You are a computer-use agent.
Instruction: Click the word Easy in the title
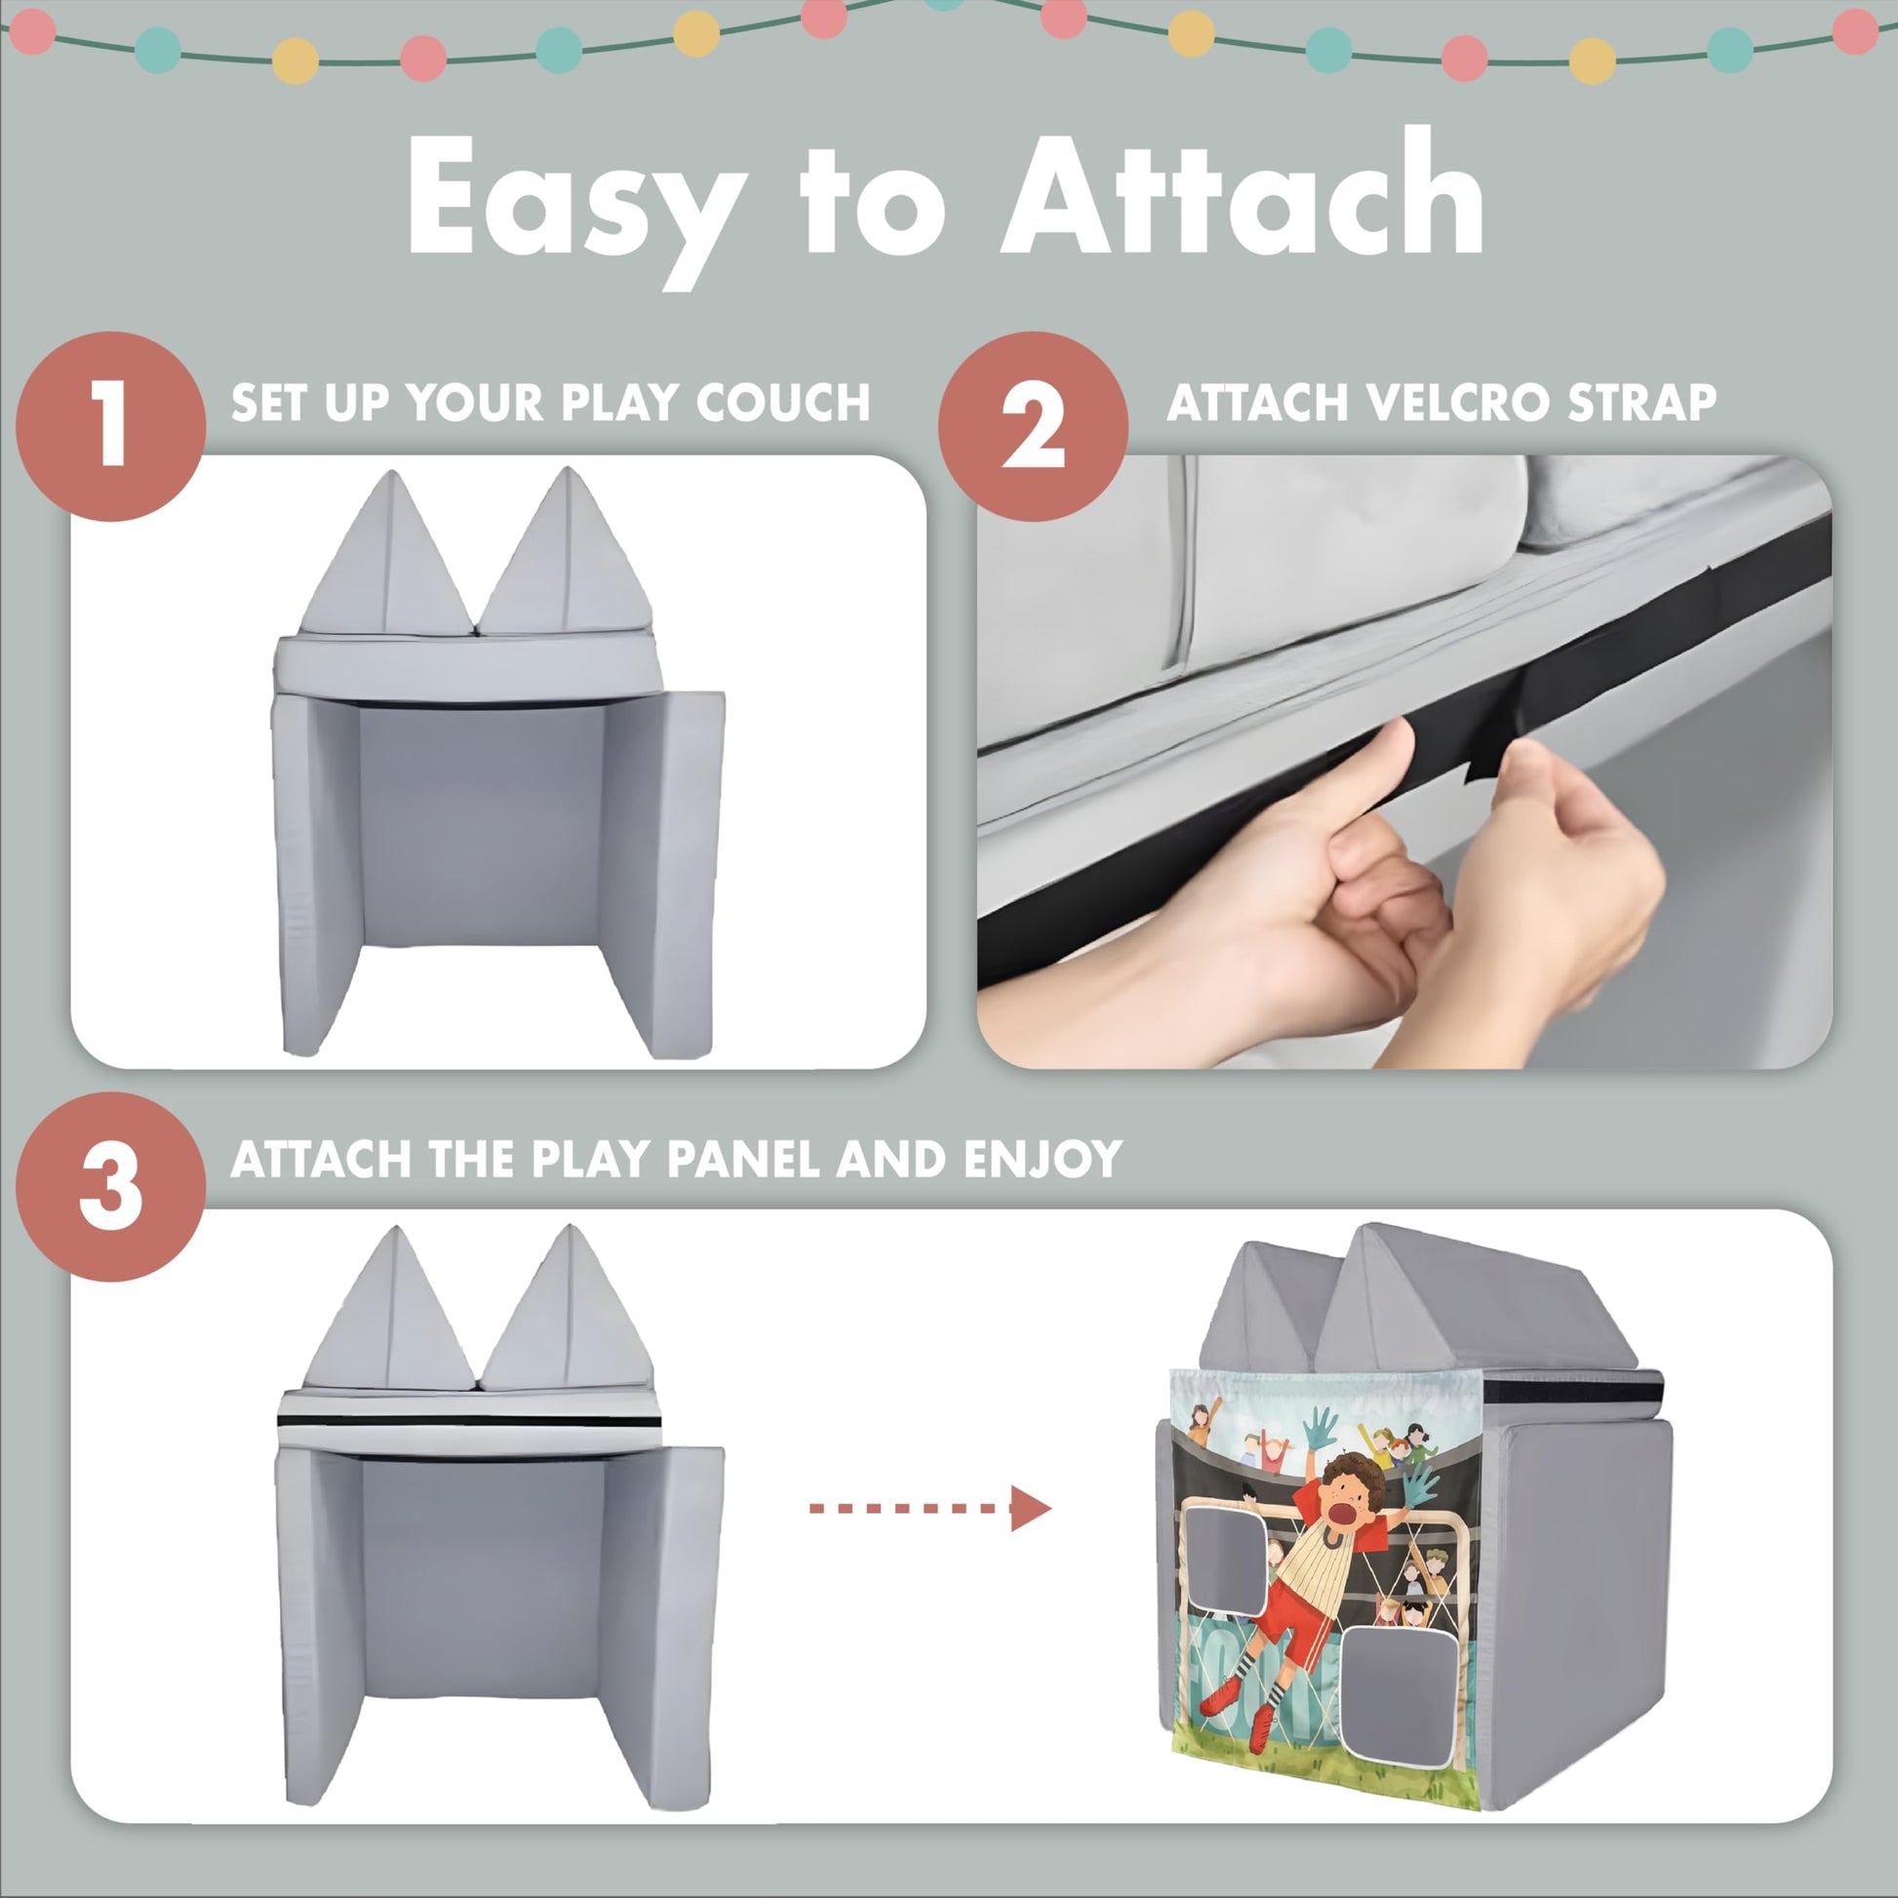[574, 200]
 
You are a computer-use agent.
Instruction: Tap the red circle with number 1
[111, 426]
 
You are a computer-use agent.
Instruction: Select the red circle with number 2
[1033, 426]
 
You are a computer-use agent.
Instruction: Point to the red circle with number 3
[111, 1186]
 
